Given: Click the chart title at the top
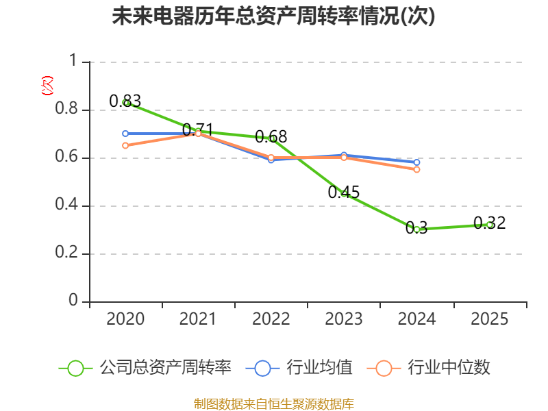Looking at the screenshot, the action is (273, 16).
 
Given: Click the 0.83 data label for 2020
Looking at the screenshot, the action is (125, 101).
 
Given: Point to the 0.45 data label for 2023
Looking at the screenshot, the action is (344, 192).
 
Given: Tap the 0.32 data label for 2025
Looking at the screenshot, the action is (489, 223).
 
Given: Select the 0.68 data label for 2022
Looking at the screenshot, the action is (271, 136).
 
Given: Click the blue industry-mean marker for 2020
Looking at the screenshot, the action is (125, 134).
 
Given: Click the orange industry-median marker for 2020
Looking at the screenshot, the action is (125, 145).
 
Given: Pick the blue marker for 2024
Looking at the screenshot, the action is (416, 162).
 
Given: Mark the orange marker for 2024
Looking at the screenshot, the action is (416, 169).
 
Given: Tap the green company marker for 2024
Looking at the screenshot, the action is (416, 229).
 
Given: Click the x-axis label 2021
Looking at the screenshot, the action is (198, 319).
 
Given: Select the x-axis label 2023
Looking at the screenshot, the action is (344, 319).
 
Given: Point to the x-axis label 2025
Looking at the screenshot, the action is (489, 319).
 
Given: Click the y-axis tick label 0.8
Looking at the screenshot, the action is (66, 108).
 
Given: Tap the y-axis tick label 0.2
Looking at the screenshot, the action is (66, 252).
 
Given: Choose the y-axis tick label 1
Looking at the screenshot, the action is (73, 60).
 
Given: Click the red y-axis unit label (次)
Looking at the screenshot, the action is (47, 86).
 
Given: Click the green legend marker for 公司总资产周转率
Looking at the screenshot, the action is (75, 369).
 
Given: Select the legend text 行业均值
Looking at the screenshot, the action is (319, 367).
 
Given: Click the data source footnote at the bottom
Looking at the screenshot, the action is (273, 403).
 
